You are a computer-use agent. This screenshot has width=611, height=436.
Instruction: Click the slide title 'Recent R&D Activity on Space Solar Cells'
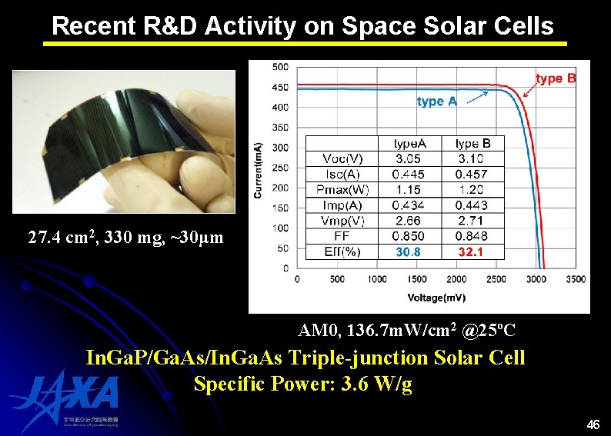point(302,26)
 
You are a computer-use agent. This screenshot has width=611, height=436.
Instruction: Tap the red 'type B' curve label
point(556,78)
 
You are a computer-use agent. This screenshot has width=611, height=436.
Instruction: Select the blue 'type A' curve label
point(436,101)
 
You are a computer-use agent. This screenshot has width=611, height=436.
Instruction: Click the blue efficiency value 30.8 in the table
point(408,251)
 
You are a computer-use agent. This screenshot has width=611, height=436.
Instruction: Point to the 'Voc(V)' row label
point(342,158)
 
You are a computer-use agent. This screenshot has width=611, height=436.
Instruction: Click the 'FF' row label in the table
point(342,235)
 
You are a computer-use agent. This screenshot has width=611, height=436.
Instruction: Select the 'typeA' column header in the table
point(409,143)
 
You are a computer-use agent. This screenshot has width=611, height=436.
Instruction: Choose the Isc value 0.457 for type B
point(470,174)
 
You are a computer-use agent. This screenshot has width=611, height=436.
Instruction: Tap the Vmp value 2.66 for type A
point(408,220)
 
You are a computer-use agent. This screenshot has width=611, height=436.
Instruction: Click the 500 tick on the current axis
point(281,67)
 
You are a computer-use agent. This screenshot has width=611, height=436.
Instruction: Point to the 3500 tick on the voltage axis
point(574,279)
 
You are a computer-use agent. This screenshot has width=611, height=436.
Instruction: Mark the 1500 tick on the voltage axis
point(416,279)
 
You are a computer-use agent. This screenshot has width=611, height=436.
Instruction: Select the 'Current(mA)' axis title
point(258,169)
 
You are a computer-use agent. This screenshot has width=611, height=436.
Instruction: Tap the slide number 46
point(593,424)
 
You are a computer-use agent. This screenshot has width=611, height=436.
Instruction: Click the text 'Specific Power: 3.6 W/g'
point(302,384)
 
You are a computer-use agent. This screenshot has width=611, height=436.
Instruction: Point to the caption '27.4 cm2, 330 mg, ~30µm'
point(125,237)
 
